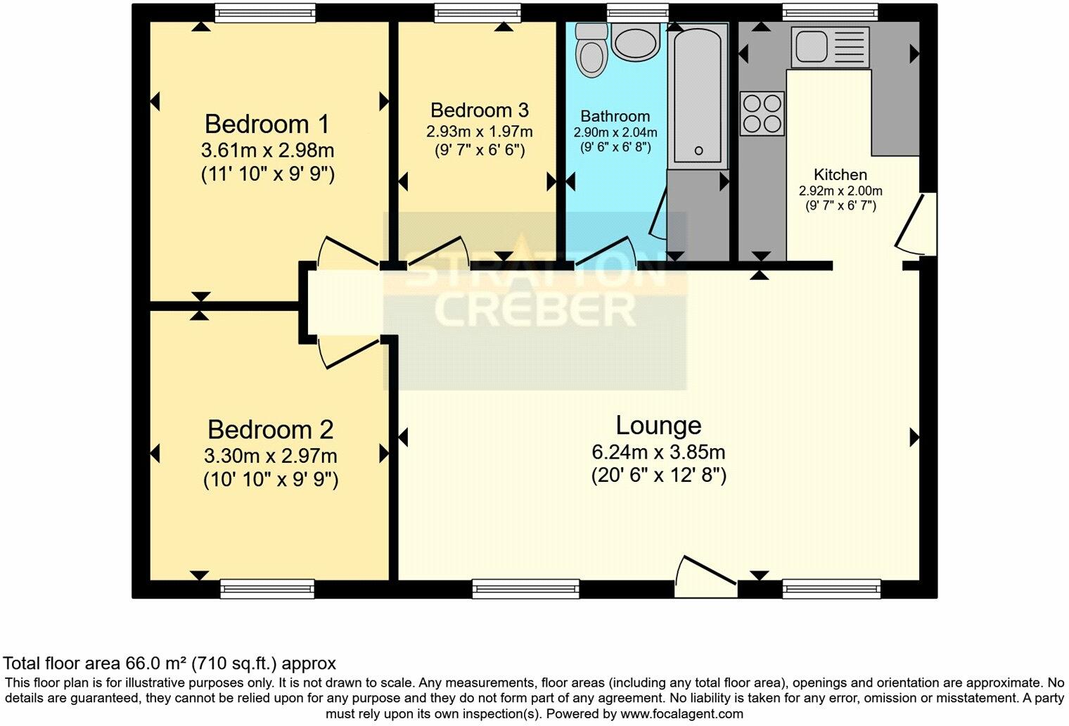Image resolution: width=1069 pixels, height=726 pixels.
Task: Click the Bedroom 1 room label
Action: [267, 125]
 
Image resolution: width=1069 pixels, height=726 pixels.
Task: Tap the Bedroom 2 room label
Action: [270, 429]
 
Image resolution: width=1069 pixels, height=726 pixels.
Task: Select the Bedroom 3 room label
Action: [479, 110]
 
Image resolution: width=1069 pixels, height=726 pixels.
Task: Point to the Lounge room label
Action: [658, 426]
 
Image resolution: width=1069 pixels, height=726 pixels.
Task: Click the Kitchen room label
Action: [840, 174]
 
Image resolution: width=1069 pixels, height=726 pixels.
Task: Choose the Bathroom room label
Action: [615, 116]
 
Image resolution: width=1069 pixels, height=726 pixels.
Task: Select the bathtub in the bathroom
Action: [698, 95]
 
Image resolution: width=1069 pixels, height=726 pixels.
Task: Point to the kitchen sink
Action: [830, 46]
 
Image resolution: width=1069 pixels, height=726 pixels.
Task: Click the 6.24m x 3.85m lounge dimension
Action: [658, 452]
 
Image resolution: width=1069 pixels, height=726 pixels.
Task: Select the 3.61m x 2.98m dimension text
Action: [267, 151]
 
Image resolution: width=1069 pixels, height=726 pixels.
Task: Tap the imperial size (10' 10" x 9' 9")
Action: [271, 480]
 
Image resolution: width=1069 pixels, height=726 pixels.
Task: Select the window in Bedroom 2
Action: [267, 589]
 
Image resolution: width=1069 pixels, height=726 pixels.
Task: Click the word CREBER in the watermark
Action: [534, 310]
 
